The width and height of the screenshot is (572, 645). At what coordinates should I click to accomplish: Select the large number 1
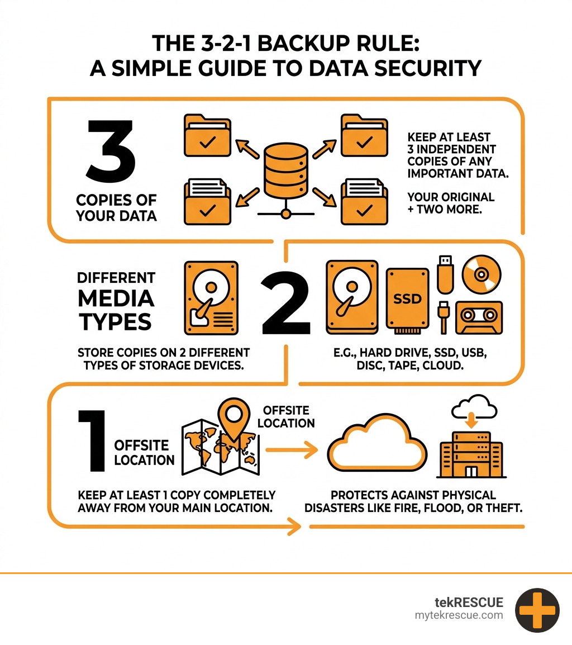tap(92, 440)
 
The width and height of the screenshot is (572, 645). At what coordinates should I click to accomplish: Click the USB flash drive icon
tap(445, 274)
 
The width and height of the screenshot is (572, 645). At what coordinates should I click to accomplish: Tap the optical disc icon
tap(482, 274)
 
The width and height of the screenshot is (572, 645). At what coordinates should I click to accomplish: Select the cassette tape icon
tap(479, 318)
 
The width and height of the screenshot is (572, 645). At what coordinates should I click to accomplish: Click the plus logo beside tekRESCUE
tap(537, 610)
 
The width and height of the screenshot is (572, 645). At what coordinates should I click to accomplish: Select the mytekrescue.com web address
tap(459, 615)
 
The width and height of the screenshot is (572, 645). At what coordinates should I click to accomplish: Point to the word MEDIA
tap(116, 299)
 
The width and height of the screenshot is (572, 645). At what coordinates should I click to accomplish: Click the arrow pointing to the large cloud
tap(291, 449)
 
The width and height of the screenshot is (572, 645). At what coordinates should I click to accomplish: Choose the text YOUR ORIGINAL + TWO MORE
tap(451, 203)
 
